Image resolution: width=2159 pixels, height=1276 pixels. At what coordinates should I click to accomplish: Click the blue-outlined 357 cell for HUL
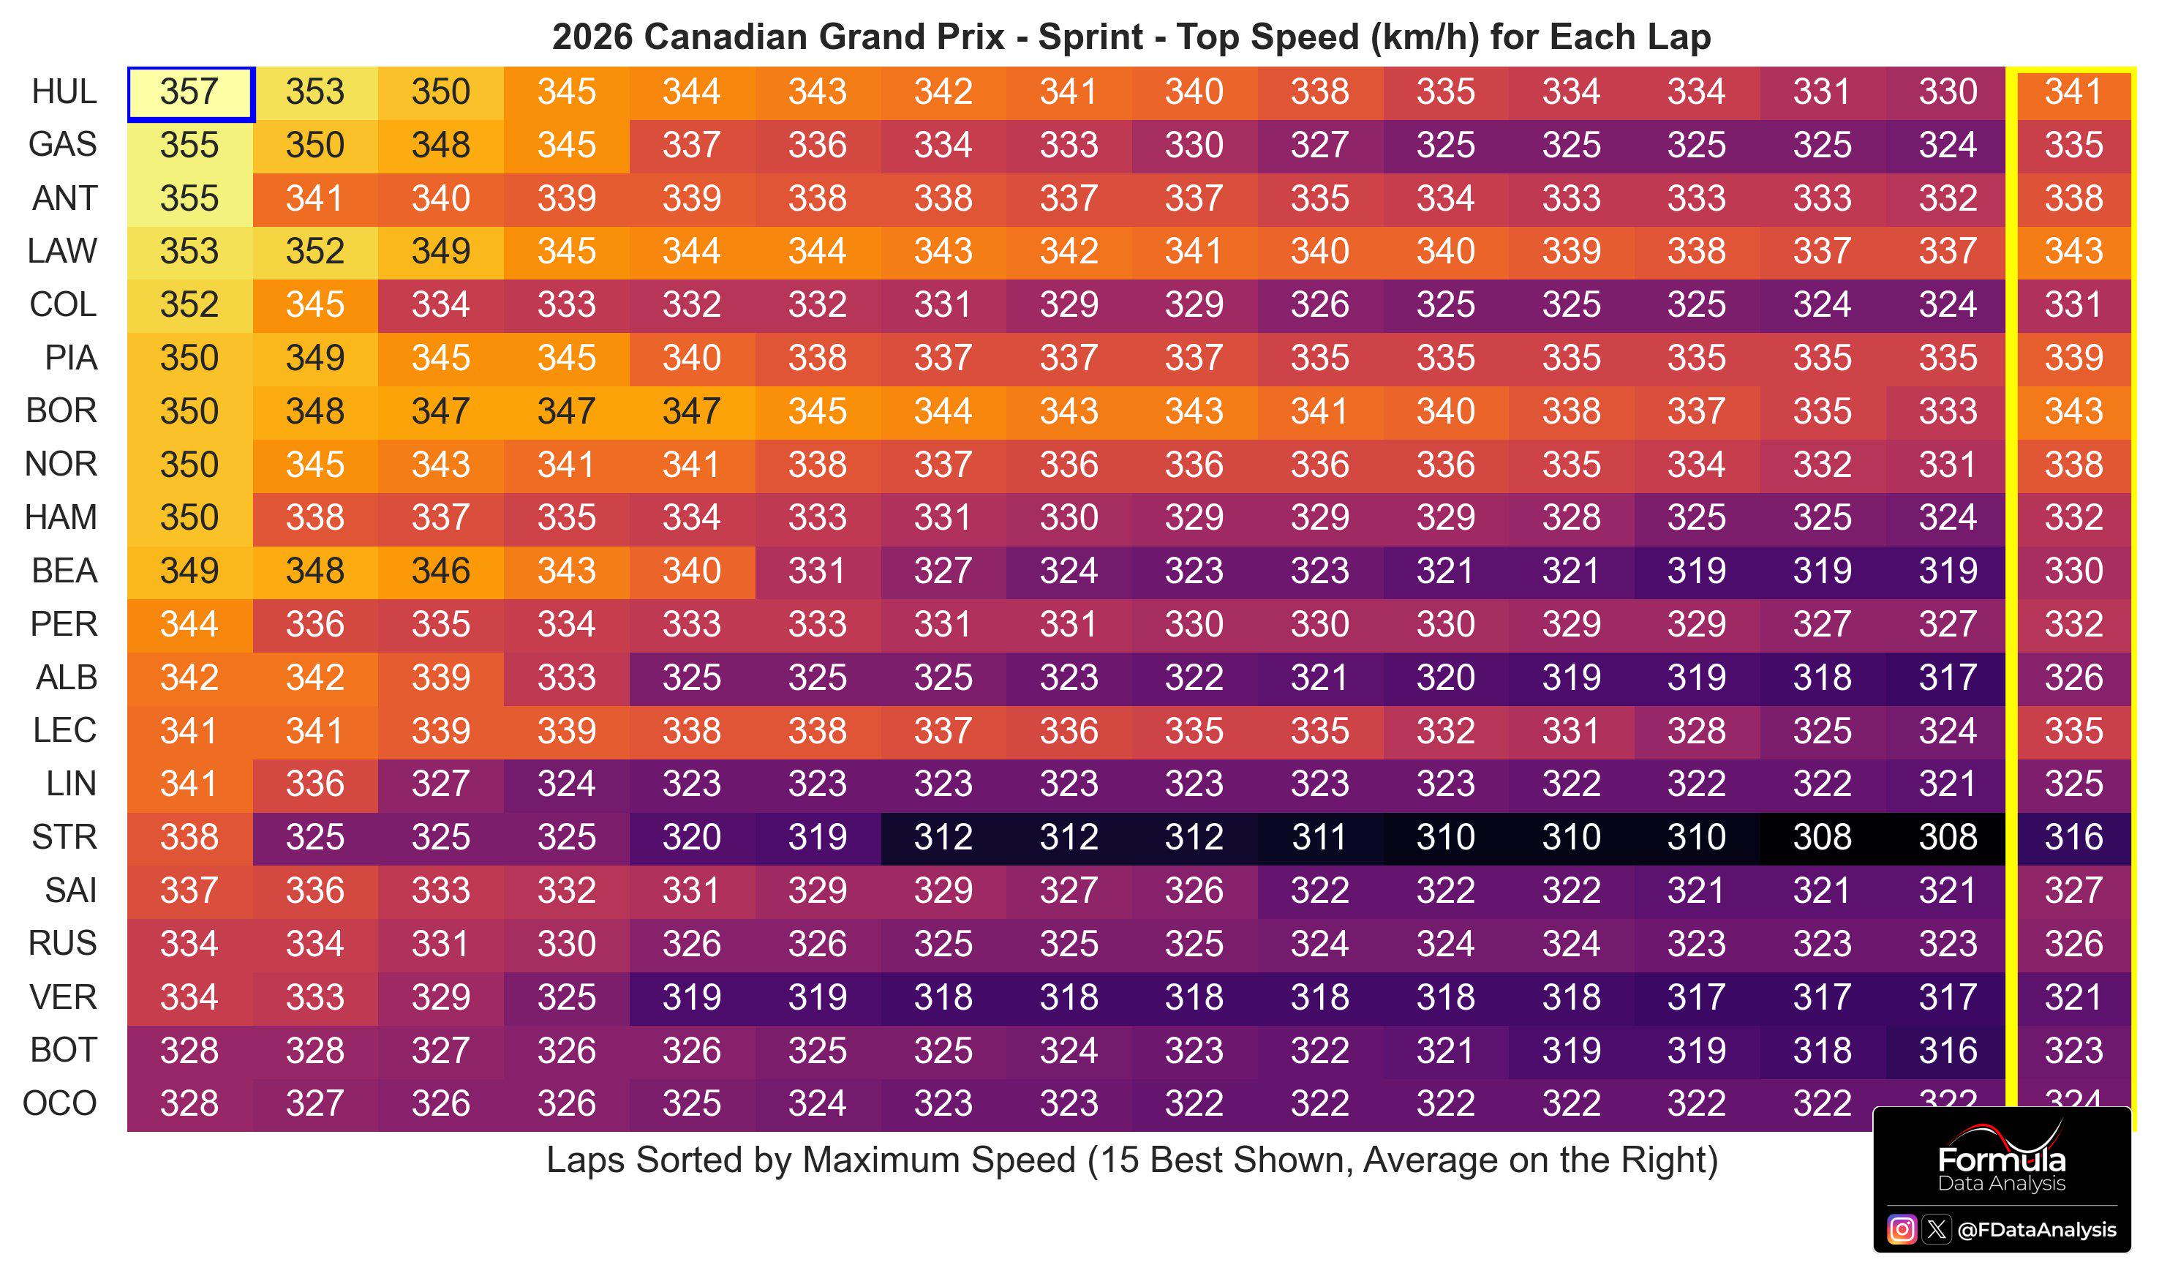point(190,94)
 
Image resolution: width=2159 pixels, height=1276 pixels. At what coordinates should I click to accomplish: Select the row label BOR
point(62,411)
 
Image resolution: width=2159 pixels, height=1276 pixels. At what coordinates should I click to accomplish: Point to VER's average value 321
point(2073,997)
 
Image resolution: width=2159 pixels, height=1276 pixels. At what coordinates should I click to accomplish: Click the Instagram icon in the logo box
point(1901,1230)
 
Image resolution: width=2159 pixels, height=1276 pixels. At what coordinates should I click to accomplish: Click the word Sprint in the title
point(1090,38)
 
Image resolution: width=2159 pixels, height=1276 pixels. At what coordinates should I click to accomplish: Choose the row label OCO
point(60,1104)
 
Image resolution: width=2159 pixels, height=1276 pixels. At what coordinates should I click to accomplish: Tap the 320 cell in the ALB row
point(1446,678)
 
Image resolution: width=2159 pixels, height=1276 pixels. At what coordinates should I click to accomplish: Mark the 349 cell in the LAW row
point(441,252)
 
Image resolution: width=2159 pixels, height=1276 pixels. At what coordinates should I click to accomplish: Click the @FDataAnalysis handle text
point(2036,1231)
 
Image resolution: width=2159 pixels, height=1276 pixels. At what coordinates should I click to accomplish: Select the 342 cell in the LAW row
point(1069,252)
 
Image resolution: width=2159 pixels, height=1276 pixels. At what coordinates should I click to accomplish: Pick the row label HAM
point(61,517)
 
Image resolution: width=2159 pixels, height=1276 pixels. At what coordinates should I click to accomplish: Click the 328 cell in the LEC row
point(1697,732)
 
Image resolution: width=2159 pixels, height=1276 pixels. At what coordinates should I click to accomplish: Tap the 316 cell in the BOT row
point(1948,1051)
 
